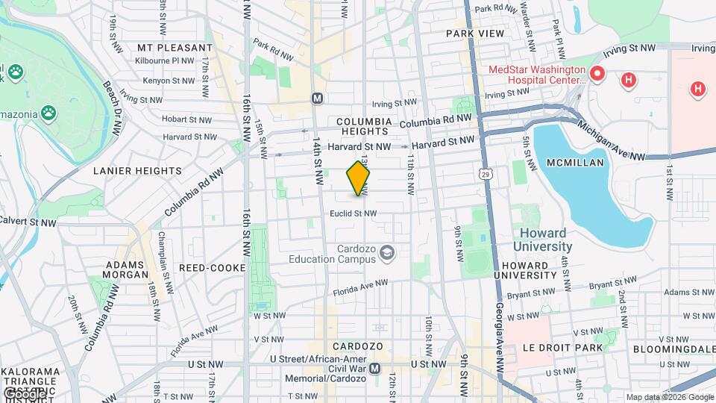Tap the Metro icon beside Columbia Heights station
point(317,98)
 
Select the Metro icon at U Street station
point(375,368)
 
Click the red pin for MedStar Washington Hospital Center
point(597,75)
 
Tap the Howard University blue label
point(542,240)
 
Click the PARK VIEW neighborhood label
point(475,34)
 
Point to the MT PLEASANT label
point(175,47)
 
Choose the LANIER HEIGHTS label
point(137,170)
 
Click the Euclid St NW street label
point(354,213)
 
